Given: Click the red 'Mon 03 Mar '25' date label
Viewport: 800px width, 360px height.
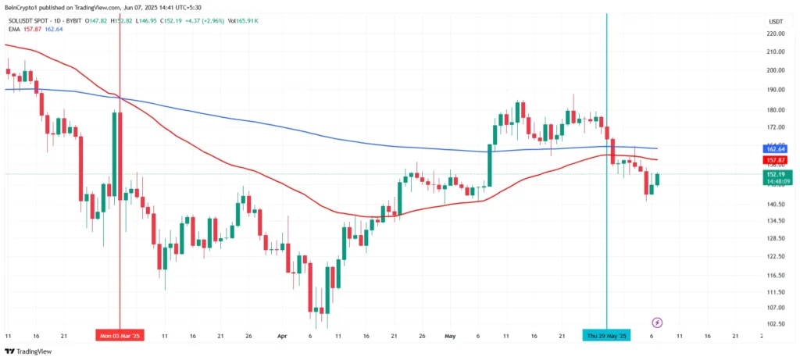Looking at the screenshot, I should [x=120, y=336].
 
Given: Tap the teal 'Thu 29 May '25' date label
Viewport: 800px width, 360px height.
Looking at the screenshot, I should [x=607, y=336].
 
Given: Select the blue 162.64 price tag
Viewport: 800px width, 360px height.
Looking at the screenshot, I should [x=775, y=148].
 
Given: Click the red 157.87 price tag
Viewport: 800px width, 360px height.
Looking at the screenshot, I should [x=775, y=160].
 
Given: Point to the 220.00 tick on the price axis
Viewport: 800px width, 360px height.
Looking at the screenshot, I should [x=776, y=34].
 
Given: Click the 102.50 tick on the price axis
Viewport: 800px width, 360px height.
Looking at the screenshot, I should [x=776, y=323].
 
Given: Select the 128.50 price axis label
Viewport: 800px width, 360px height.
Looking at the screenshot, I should [x=776, y=238].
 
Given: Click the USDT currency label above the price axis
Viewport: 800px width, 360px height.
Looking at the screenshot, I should [x=776, y=22].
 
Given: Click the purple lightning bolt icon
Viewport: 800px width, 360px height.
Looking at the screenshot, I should [x=658, y=322].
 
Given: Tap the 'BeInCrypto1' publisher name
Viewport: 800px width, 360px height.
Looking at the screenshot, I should [x=21, y=8].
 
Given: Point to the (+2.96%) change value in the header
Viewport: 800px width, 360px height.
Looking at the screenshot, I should [x=237, y=20].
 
